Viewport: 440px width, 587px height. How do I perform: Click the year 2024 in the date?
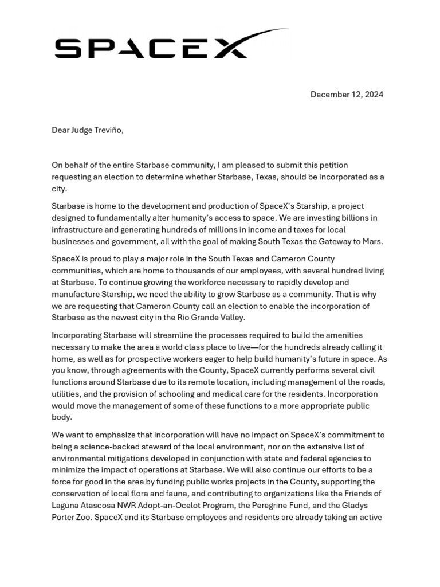[373, 95]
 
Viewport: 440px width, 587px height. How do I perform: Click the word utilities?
[69, 394]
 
